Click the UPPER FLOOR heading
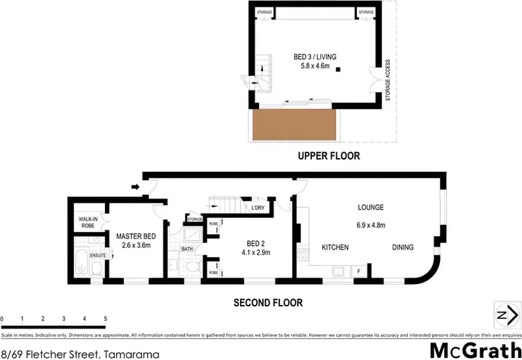coord(329,156)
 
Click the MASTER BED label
coord(134,236)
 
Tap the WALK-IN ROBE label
coord(87,223)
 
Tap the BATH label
coord(187,248)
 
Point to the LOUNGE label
coord(371,208)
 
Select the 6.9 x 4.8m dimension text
coord(371,225)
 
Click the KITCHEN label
coord(335,247)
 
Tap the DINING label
coord(402,247)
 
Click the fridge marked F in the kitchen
coord(359,271)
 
